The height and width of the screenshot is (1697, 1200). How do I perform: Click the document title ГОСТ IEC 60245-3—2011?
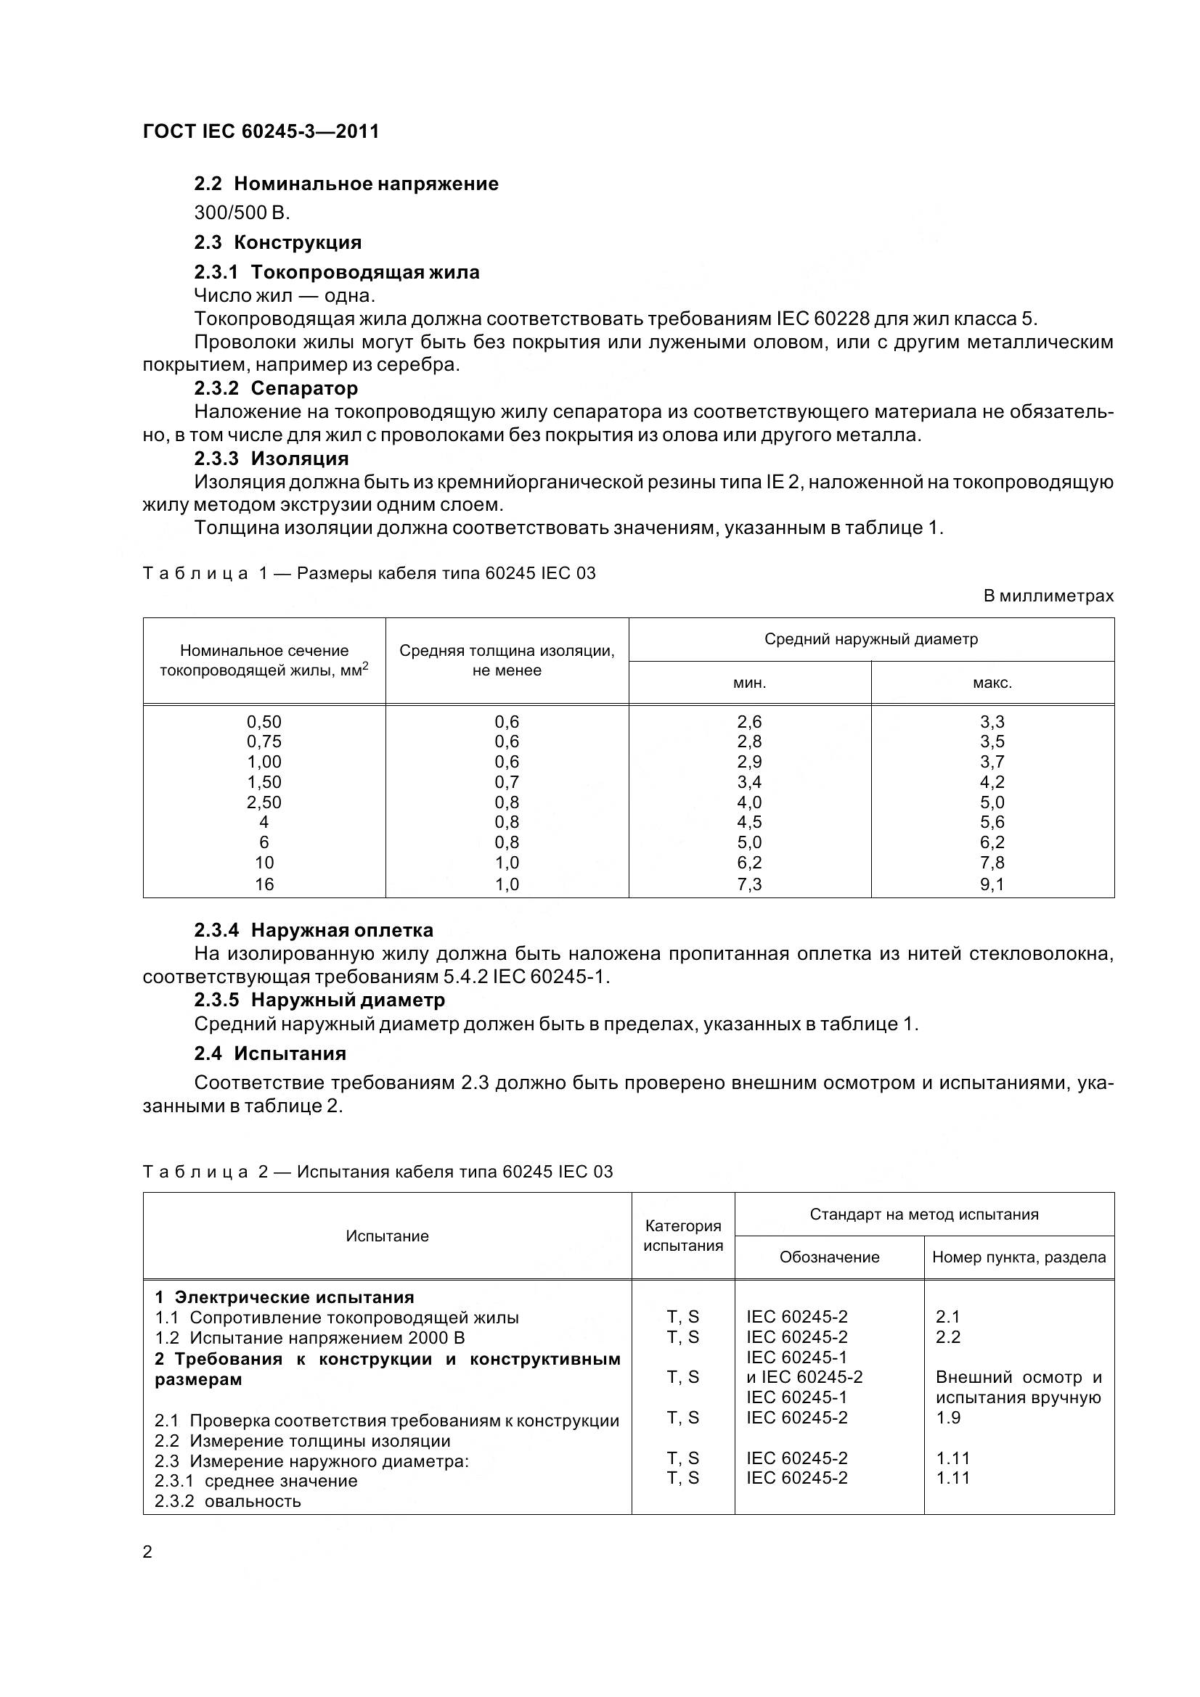(261, 131)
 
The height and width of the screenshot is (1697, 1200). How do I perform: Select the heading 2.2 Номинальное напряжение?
(346, 184)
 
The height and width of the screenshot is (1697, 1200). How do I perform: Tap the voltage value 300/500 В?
(242, 213)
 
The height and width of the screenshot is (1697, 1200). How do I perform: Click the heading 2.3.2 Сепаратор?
(276, 388)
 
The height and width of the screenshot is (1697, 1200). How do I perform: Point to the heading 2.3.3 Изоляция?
(272, 459)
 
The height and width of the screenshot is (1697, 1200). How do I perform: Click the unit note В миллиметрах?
(1048, 596)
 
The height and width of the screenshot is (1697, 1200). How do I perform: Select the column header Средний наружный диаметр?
(870, 638)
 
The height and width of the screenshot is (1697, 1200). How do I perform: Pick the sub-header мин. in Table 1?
(749, 682)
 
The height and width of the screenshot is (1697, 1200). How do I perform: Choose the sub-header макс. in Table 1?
(992, 682)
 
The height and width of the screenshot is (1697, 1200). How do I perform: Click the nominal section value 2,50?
(264, 802)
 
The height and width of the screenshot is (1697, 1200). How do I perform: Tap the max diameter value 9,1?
(992, 884)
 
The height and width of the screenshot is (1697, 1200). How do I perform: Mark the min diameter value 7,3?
(749, 884)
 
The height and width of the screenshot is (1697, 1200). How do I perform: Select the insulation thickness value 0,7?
(507, 782)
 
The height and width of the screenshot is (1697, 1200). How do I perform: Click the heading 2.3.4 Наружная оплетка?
(314, 930)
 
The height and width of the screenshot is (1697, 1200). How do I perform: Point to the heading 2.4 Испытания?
(270, 1053)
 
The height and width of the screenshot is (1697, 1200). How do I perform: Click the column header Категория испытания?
(682, 1236)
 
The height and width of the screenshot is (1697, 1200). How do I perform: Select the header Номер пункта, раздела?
(1018, 1257)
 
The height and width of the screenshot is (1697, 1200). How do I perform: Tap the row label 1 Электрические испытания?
(284, 1297)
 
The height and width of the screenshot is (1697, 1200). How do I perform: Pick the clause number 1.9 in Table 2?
(948, 1417)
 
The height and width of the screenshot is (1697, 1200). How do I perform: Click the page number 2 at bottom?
(147, 1552)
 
